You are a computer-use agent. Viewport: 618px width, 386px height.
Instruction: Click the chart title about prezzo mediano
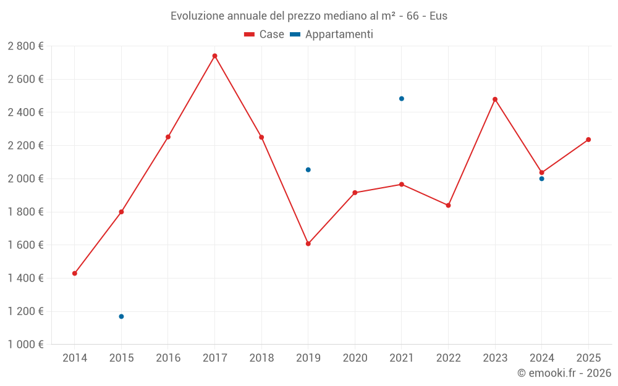pyautogui.click(x=309, y=15)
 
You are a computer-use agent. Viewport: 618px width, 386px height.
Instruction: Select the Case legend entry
pyautogui.click(x=265, y=35)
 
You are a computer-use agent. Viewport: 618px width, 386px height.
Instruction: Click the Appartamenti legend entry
pyautogui.click(x=332, y=35)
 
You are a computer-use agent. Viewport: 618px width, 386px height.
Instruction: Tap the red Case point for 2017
pyautogui.click(x=214, y=56)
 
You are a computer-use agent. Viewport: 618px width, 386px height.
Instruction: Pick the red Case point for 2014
pyautogui.click(x=75, y=273)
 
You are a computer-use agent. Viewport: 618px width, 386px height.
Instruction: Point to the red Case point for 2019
pyautogui.click(x=308, y=243)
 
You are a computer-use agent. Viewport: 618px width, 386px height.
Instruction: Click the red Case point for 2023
pyautogui.click(x=495, y=99)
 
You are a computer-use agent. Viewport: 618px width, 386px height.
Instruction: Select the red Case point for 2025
pyautogui.click(x=588, y=140)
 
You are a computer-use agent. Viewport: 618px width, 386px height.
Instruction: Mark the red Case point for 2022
pyautogui.click(x=448, y=205)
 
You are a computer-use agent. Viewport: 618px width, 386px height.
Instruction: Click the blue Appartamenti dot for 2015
pyautogui.click(x=121, y=316)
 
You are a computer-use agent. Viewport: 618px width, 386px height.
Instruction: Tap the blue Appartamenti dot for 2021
pyautogui.click(x=402, y=99)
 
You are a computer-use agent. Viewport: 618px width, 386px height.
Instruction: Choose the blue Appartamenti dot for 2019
pyautogui.click(x=308, y=170)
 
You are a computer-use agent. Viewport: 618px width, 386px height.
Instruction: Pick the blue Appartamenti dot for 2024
pyautogui.click(x=541, y=178)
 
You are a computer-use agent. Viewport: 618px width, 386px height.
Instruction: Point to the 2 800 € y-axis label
pyautogui.click(x=25, y=46)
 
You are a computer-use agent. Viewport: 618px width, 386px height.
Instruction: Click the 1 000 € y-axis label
pyautogui.click(x=25, y=345)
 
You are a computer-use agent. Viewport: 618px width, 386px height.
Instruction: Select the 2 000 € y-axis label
pyautogui.click(x=25, y=178)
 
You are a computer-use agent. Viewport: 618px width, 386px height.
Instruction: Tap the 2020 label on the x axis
pyautogui.click(x=355, y=358)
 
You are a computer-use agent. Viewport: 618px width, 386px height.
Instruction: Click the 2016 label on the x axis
pyautogui.click(x=168, y=358)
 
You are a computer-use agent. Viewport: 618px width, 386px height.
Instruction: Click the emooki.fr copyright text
pyautogui.click(x=564, y=373)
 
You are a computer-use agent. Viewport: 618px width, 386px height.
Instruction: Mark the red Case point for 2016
pyautogui.click(x=168, y=136)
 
